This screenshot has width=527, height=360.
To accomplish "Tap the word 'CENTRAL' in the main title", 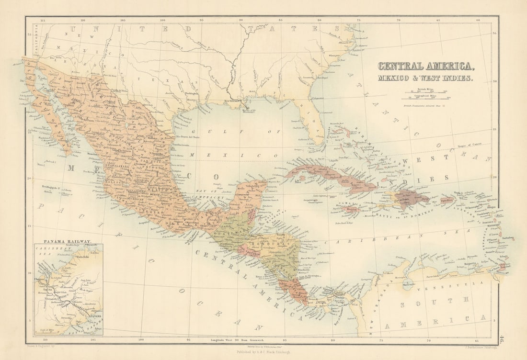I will click(400, 67).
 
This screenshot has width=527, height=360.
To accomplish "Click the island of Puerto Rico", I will click(447, 200).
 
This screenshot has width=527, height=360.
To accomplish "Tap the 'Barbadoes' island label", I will click(507, 238).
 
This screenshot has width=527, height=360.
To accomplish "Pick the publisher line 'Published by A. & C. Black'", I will click(263, 351).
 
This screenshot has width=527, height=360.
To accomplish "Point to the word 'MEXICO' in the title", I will click(396, 78).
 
